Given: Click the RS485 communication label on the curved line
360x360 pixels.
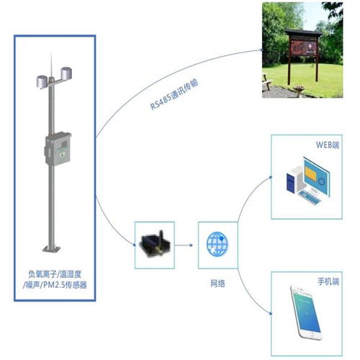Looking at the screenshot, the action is (174, 94).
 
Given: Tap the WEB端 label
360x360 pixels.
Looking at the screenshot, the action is (328, 145).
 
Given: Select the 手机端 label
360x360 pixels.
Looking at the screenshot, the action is (328, 282).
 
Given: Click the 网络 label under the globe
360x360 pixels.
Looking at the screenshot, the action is (217, 284).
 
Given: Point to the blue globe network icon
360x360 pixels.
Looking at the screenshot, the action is (217, 244).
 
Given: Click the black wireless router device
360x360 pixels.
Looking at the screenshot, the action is (156, 245).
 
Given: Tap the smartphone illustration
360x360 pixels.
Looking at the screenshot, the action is (305, 312).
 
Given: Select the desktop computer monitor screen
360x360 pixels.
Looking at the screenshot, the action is (316, 176).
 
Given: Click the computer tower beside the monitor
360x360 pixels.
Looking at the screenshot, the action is (295, 179).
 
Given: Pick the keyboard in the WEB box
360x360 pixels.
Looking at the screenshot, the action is (310, 197).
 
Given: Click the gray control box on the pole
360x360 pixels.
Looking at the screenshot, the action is (58, 149).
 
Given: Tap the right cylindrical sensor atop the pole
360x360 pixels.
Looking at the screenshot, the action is (66, 73).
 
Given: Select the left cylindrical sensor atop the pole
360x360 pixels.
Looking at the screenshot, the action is (42, 81).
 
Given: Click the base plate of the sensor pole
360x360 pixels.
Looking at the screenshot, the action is (51, 248).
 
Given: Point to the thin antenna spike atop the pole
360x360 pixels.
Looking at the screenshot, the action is (51, 65).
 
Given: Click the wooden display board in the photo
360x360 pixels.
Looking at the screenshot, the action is (303, 48).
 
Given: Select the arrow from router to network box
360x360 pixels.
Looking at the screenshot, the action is (184, 245).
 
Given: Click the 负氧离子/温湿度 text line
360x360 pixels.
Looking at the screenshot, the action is (55, 274).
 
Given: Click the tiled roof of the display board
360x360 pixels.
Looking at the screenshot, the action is (304, 32).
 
